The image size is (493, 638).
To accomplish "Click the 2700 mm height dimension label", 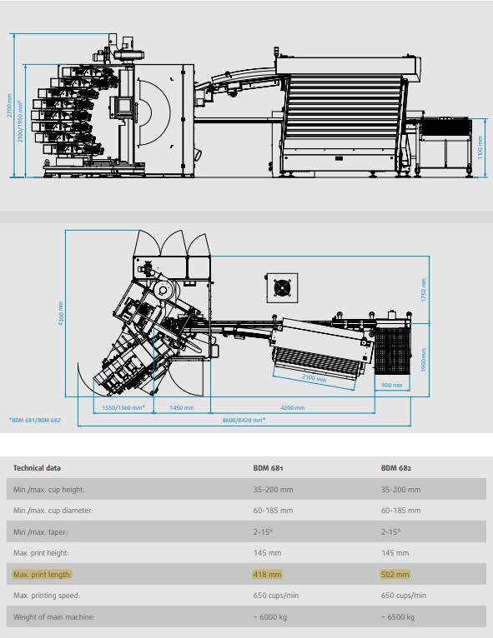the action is coord(9,105).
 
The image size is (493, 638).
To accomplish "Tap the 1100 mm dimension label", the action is coord(480,147).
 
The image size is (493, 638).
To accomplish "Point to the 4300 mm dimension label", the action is coord(61,313).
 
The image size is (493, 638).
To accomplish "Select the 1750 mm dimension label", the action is coord(423,290).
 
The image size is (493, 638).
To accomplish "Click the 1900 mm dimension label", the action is coord(423,360).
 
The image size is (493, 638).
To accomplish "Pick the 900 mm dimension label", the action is coord(392,385).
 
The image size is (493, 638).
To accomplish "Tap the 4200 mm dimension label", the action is coord(293,407).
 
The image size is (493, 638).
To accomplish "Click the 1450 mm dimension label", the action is coord(182,407).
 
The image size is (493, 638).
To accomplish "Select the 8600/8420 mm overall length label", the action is coord(244,420).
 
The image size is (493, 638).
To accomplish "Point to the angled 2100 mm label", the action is coord(314,378).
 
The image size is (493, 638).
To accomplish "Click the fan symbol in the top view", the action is coord(282,288).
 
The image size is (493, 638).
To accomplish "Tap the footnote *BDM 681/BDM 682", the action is coord(35,420).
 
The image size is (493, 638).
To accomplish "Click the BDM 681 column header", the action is coord(268,468).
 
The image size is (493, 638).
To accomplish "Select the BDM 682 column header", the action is coord(396,468).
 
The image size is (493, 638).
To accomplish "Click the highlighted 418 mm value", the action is coord(267,575).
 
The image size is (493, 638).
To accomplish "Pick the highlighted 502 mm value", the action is coord(395,575).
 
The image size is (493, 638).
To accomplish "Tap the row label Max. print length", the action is coord(43,575).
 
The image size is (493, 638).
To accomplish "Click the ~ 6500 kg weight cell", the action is coord(398,617).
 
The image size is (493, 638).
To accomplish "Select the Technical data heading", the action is coord(37,468).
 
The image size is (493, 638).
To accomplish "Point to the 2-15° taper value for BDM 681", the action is coord(264,531).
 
